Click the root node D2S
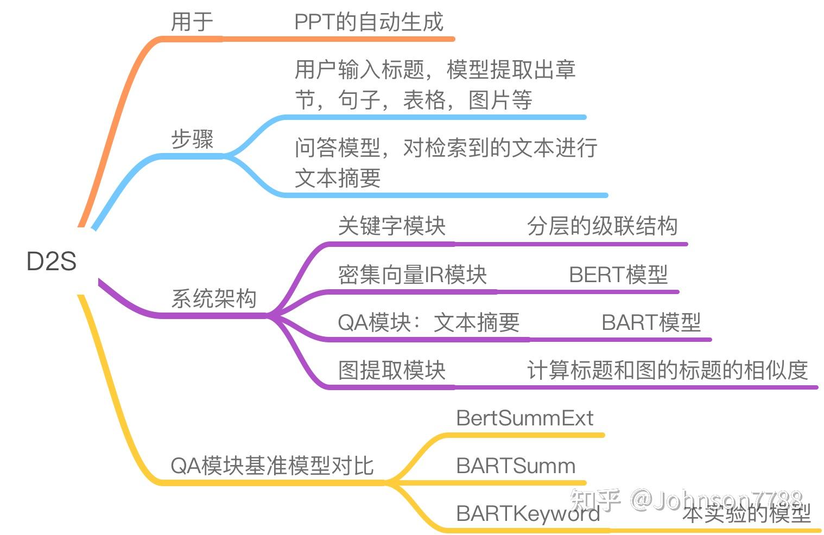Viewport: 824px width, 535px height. (x=52, y=261)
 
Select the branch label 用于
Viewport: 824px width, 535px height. (x=192, y=22)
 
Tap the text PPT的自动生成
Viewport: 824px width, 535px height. (x=369, y=22)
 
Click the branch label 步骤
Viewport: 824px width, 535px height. (x=192, y=139)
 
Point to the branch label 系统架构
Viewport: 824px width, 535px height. (x=214, y=298)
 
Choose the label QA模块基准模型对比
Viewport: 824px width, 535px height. (x=272, y=466)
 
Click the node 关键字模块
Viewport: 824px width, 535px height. (x=391, y=226)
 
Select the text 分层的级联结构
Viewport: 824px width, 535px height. (x=602, y=226)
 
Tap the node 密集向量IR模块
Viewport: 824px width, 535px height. (x=412, y=275)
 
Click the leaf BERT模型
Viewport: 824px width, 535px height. (x=618, y=275)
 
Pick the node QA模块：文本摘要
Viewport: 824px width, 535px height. (x=428, y=322)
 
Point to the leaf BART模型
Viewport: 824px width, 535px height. (x=651, y=322)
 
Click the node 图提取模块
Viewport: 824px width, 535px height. (x=391, y=370)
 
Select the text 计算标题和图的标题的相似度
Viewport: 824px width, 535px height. (x=667, y=370)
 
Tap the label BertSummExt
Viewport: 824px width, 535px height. (x=524, y=418)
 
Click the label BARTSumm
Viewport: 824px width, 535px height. (x=516, y=466)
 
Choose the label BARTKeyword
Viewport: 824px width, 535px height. (x=528, y=513)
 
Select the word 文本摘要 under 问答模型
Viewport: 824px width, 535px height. (x=338, y=178)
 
